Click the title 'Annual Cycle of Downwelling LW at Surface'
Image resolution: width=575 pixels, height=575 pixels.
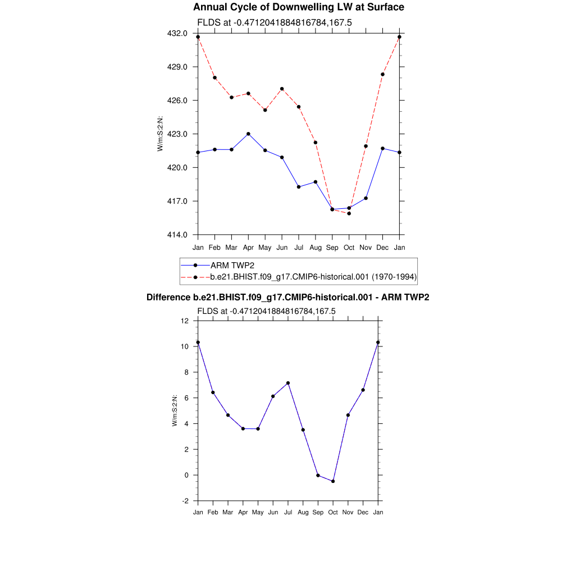298,7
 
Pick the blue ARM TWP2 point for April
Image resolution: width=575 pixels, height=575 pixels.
248,134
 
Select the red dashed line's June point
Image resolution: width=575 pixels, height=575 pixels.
282,89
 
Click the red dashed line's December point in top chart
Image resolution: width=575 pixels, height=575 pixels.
382,74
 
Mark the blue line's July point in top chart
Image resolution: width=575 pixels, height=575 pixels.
299,186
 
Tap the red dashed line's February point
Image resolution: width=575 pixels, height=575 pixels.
215,77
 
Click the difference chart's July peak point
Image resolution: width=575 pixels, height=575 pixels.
288,383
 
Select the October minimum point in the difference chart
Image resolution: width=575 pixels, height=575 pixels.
333,481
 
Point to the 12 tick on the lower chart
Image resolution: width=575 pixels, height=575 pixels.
185,321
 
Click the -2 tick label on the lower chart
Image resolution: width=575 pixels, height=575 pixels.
185,501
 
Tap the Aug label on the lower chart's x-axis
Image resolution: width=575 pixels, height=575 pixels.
303,513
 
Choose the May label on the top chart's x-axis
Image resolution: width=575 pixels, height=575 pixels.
265,247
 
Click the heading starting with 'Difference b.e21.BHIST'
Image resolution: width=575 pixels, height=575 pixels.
287,298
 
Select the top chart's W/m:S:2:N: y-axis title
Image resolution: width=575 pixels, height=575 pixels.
160,134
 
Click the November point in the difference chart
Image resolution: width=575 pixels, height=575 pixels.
348,415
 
